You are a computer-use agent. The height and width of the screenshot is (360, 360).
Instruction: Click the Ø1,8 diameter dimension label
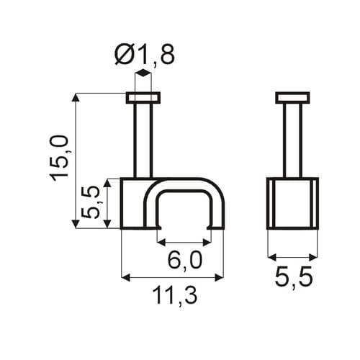pyautogui.click(x=145, y=55)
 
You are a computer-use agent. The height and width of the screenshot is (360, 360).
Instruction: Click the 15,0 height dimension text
pyautogui.click(x=59, y=158)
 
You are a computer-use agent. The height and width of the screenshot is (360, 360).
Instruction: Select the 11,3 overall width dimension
pyautogui.click(x=175, y=296)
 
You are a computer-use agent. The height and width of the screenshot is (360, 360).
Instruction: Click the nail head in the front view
pyautogui.click(x=143, y=98)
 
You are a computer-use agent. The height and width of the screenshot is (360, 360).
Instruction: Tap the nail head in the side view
pyautogui.click(x=292, y=98)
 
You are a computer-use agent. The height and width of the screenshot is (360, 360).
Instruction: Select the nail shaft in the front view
pyautogui.click(x=143, y=141)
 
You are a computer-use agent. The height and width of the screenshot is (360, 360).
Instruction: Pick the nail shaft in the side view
pyautogui.click(x=292, y=141)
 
